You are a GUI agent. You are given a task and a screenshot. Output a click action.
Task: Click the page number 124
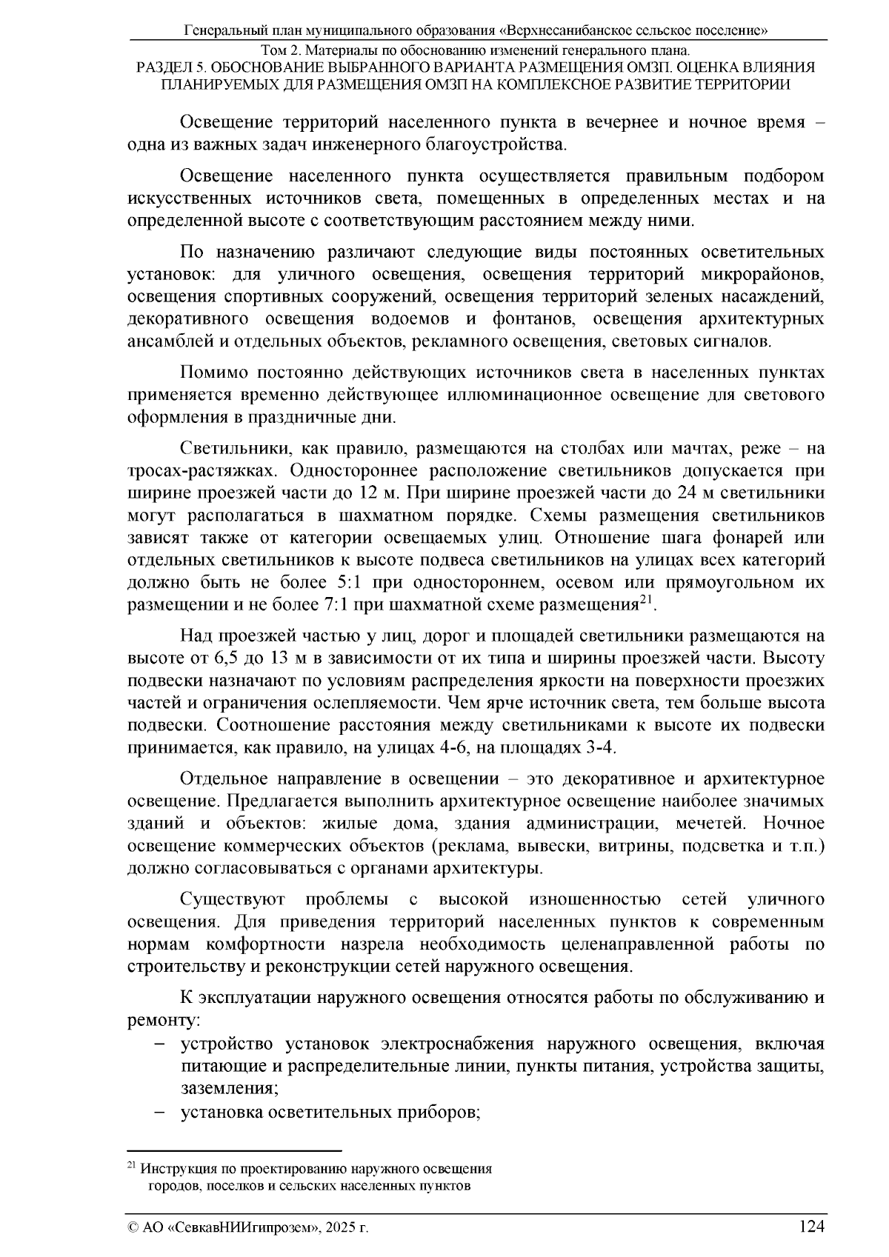click(811, 1227)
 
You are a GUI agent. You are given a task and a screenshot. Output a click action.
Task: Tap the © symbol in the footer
click(133, 1228)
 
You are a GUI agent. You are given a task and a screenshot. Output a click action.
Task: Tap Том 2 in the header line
click(284, 51)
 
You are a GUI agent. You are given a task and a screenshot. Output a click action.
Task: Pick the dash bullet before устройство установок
click(160, 1045)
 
